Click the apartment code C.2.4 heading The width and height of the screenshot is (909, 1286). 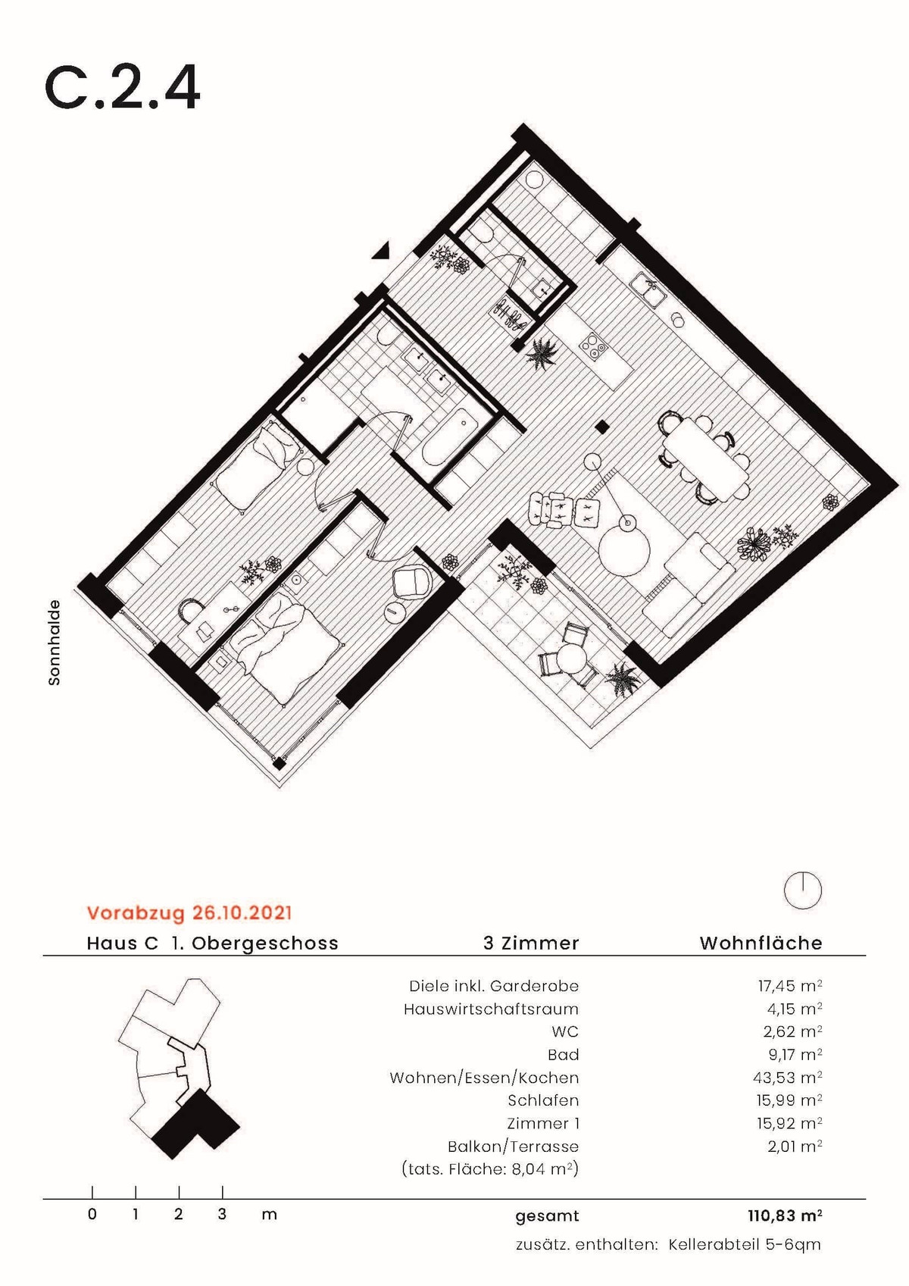123,88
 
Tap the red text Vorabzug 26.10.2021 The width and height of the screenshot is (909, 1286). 189,912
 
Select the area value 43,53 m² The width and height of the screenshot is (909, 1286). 789,1078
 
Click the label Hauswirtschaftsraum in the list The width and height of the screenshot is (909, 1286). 491,1009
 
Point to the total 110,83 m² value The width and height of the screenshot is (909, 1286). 785,1216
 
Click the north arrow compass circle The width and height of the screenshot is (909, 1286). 803,890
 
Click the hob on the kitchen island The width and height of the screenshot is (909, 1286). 593,346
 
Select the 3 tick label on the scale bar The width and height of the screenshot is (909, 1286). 222,1215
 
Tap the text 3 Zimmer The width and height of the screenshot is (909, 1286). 531,943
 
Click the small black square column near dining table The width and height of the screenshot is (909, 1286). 601,427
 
